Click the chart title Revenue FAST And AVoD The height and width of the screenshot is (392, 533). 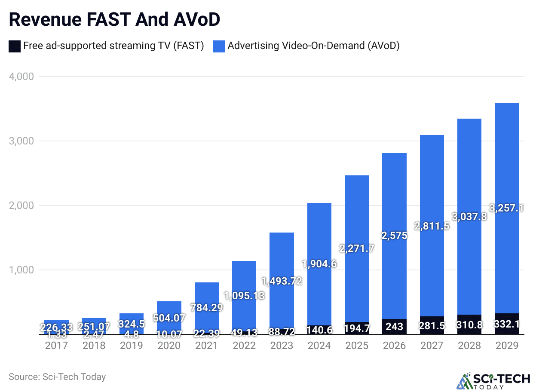tap(114, 19)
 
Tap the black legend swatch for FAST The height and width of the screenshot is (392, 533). tap(14, 46)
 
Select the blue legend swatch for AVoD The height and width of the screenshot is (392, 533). tap(219, 46)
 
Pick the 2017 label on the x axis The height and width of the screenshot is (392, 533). tap(57, 346)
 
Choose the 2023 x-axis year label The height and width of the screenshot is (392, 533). tap(282, 346)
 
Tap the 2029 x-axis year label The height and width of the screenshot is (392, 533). tap(507, 346)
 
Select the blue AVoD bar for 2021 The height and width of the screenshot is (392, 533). tap(207, 301)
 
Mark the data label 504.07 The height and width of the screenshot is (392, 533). tap(169, 318)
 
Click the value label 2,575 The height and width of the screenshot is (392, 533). tap(395, 235)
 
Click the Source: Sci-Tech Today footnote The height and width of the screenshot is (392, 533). tap(57, 377)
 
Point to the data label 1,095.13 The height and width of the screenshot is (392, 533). tap(245, 296)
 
